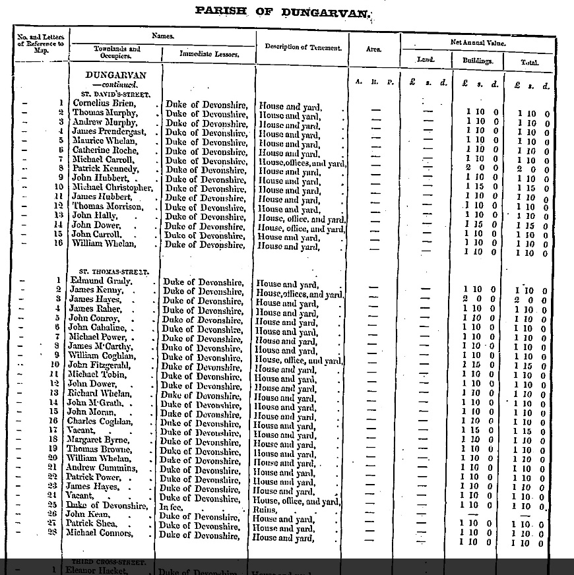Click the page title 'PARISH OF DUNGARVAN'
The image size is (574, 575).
click(x=283, y=12)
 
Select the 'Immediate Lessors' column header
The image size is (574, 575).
click(x=209, y=54)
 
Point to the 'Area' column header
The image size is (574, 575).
click(x=373, y=49)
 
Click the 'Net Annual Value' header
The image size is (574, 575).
click(x=477, y=42)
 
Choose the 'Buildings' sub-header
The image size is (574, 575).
click(x=477, y=61)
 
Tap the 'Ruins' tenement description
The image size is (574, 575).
click(x=267, y=510)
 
